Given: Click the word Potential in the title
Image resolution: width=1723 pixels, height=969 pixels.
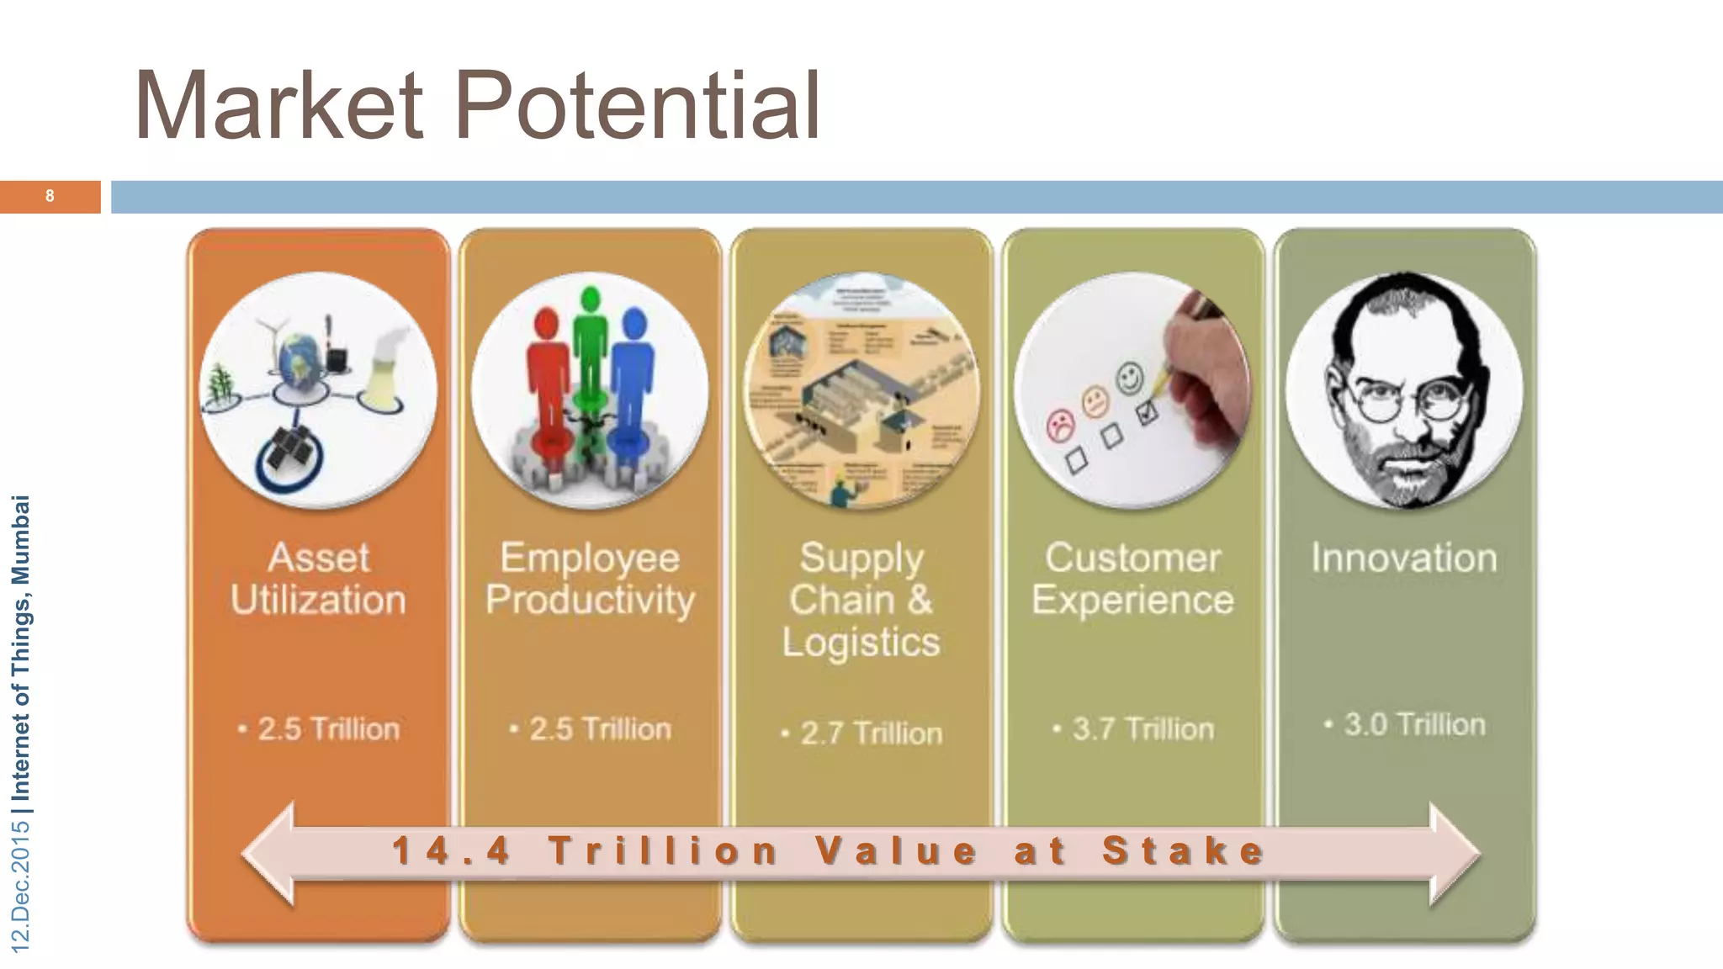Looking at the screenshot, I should coord(637,107).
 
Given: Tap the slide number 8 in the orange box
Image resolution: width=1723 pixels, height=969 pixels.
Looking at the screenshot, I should coord(50,196).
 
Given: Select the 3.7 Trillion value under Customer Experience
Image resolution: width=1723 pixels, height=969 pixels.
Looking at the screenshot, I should coord(1142,729).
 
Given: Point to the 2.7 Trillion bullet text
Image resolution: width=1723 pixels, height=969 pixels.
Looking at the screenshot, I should coord(871,733).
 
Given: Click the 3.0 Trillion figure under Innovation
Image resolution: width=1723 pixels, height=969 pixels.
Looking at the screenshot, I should coord(1414,724).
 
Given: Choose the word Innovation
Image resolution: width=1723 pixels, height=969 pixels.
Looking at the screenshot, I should coord(1404,559).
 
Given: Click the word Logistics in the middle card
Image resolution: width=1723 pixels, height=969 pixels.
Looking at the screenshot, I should coord(861,643).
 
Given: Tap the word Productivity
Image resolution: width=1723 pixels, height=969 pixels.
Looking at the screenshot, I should coord(590,601).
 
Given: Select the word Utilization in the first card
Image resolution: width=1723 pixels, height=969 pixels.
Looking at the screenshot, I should coord(318,601).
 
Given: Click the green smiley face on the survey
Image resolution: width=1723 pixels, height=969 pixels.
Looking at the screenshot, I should coord(1130,377).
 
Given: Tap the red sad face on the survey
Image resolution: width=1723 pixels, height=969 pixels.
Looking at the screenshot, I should coord(1060,425).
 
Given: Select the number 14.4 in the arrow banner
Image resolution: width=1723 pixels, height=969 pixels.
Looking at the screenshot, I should coord(452,850).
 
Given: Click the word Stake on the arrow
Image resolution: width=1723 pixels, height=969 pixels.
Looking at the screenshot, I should coord(1184,850).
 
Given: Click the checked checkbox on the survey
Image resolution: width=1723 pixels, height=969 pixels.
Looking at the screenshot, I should coord(1146,413).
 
